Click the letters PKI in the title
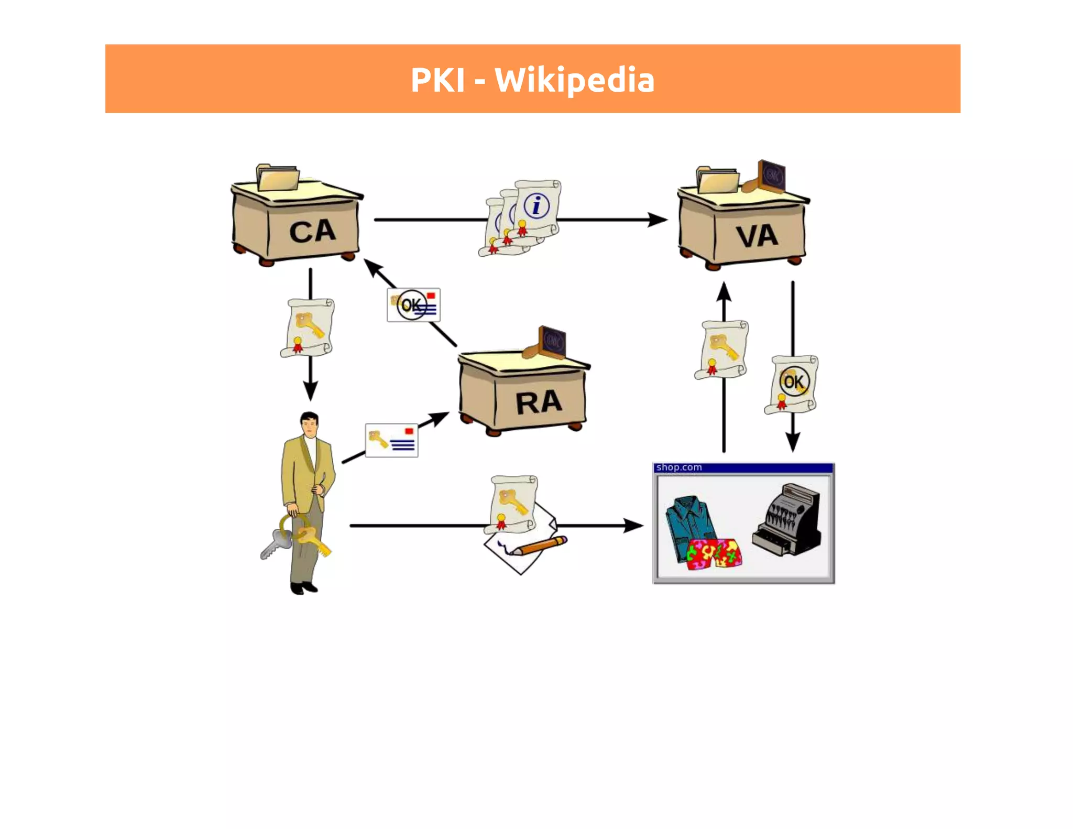pyautogui.click(x=437, y=80)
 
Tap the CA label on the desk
pyautogui.click(x=312, y=232)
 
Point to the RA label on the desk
pyautogui.click(x=539, y=402)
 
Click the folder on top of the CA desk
pyautogui.click(x=278, y=177)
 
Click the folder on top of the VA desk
pyautogui.click(x=717, y=180)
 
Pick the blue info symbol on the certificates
pyautogui.click(x=536, y=205)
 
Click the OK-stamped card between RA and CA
pyautogui.click(x=413, y=305)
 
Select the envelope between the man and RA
pyautogui.click(x=391, y=440)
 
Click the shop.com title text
pyautogui.click(x=678, y=467)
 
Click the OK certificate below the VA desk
pyautogui.click(x=792, y=384)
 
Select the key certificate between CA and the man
pyautogui.click(x=308, y=328)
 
